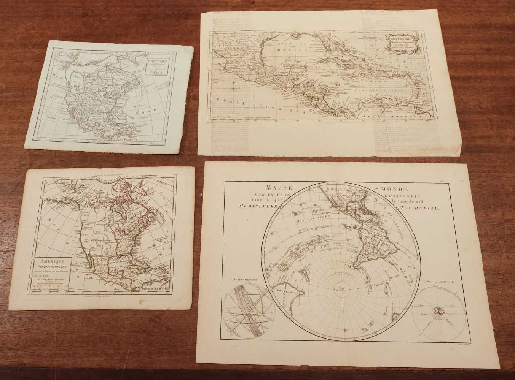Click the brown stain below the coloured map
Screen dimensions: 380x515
pos(144,302)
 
